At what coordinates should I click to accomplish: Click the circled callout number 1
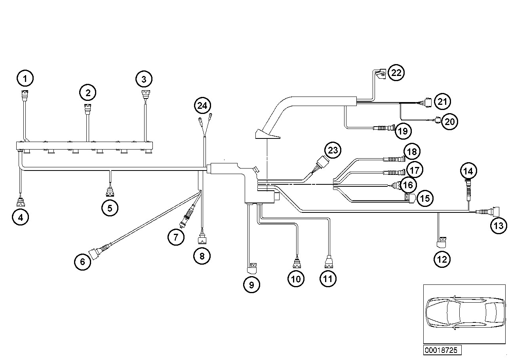(x=25, y=78)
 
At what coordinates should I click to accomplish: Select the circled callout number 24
(x=202, y=106)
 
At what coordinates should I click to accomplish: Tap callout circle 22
(x=396, y=73)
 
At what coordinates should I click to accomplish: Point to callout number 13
(x=499, y=225)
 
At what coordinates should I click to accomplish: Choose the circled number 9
(x=251, y=285)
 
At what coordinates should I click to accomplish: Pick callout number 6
(x=82, y=262)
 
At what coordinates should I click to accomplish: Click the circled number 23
(x=333, y=150)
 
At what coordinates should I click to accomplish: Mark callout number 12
(x=442, y=259)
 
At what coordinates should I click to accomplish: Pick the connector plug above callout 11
(x=329, y=263)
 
